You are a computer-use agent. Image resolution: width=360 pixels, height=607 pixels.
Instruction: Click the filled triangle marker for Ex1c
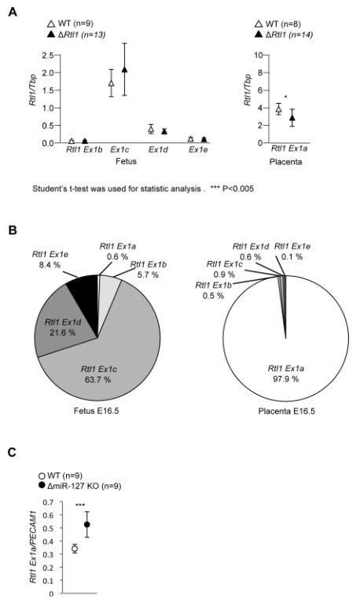(124, 70)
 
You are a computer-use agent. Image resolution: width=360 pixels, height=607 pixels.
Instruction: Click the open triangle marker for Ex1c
(112, 83)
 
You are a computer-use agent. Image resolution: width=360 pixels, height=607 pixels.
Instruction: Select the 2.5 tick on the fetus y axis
(49, 55)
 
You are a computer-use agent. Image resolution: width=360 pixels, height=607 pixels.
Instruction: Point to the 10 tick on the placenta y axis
(259, 55)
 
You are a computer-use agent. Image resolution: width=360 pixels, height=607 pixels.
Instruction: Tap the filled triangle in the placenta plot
(292, 118)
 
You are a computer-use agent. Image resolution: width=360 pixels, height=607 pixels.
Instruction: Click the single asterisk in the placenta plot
(285, 97)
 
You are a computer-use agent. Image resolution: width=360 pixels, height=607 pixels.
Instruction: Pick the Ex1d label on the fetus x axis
(158, 149)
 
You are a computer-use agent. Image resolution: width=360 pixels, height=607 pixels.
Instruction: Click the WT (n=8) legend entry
(277, 24)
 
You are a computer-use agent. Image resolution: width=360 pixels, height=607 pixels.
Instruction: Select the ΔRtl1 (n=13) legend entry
(76, 35)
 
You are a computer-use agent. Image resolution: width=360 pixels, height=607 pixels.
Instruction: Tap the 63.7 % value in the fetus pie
(97, 379)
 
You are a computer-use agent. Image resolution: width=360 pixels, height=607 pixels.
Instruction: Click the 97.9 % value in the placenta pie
(285, 379)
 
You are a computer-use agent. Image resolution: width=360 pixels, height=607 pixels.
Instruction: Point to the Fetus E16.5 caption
(97, 410)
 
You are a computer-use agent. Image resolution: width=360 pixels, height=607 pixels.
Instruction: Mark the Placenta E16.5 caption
(286, 410)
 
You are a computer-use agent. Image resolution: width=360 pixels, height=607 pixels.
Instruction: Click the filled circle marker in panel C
(87, 524)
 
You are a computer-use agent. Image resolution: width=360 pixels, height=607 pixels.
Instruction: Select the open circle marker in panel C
(75, 549)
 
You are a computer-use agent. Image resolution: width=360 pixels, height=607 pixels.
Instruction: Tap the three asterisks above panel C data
(80, 506)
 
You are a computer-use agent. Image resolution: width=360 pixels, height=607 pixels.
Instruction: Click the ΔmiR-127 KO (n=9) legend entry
(79, 486)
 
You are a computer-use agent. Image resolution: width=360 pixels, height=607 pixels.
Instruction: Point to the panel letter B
(13, 230)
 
